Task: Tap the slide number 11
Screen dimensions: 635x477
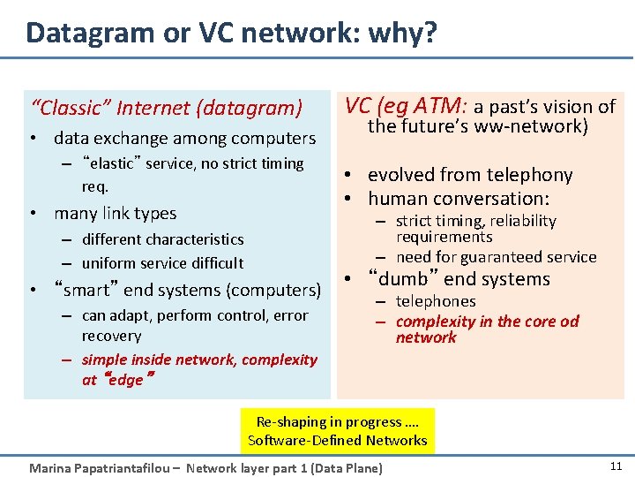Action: (615, 465)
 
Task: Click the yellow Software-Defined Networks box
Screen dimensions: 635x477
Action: (338, 430)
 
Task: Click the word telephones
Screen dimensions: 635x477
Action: (436, 301)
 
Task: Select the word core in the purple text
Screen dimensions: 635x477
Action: (538, 322)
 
